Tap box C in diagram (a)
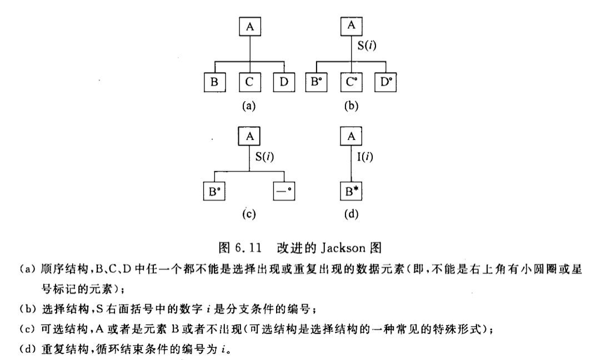(249, 82)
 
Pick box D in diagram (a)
(284, 82)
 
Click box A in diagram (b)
(350, 26)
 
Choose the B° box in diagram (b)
(317, 82)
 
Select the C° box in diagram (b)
(351, 82)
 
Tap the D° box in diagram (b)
(385, 82)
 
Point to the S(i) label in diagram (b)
(367, 47)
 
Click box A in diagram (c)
(249, 136)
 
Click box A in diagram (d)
(350, 136)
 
